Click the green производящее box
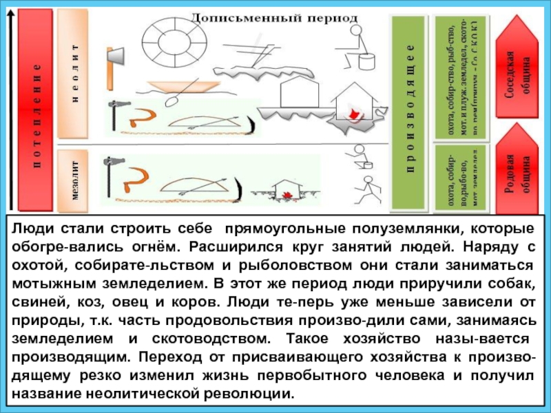(x=410, y=110)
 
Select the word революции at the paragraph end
(x=253, y=395)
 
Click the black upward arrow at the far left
(x=10, y=110)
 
